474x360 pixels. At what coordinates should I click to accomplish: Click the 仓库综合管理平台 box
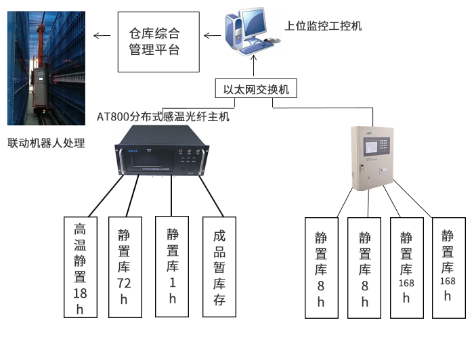[159, 41]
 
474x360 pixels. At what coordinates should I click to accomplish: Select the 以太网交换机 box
[256, 89]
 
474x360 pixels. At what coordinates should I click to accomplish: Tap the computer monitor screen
[257, 22]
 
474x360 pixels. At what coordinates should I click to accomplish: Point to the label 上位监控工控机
[323, 26]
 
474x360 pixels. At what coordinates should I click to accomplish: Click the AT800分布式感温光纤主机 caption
[164, 116]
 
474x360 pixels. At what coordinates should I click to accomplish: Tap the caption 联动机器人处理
[46, 143]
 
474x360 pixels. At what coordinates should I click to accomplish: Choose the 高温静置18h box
[81, 267]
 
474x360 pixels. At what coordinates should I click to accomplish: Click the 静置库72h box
[124, 267]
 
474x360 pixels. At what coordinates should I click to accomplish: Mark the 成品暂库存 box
[219, 267]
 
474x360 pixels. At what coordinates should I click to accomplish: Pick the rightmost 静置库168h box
[448, 267]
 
